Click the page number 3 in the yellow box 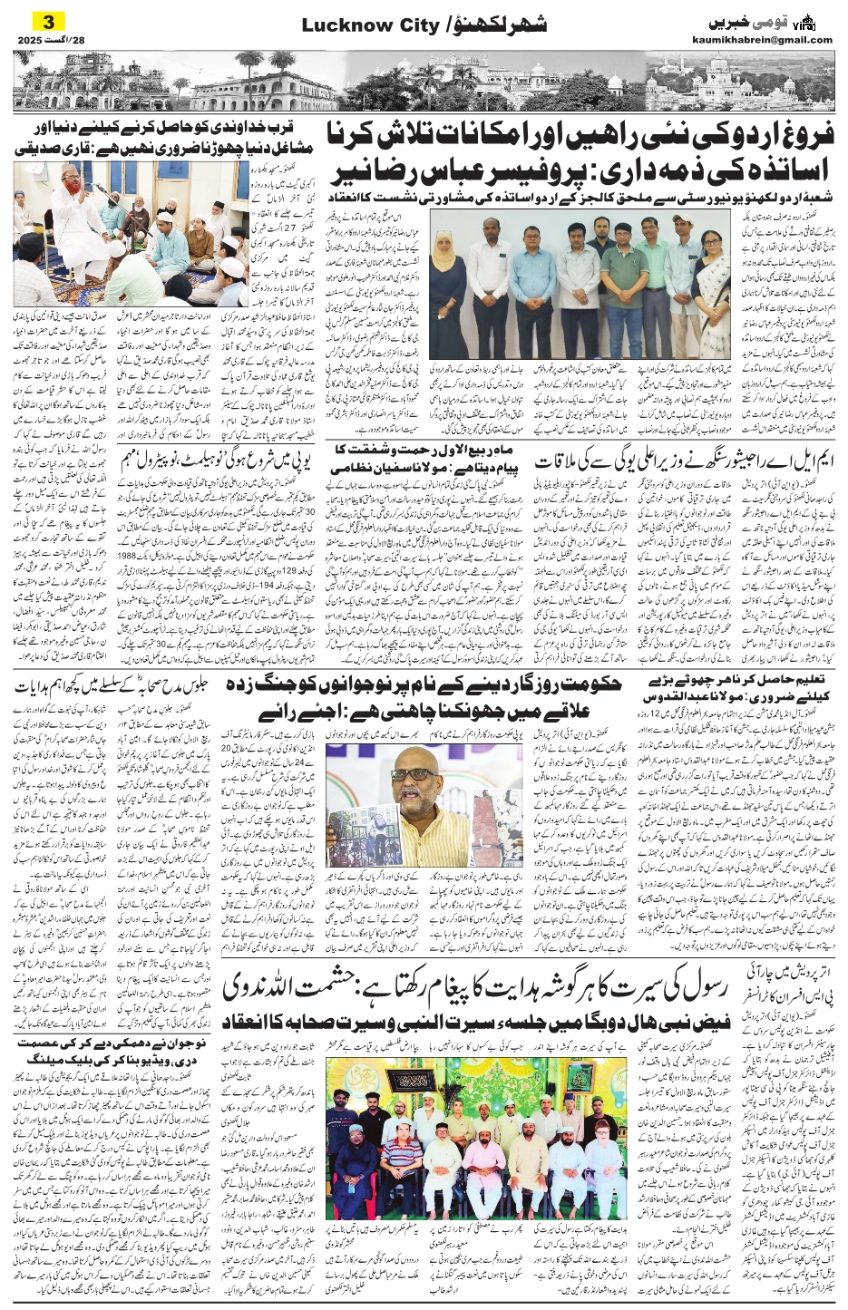(48, 21)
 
